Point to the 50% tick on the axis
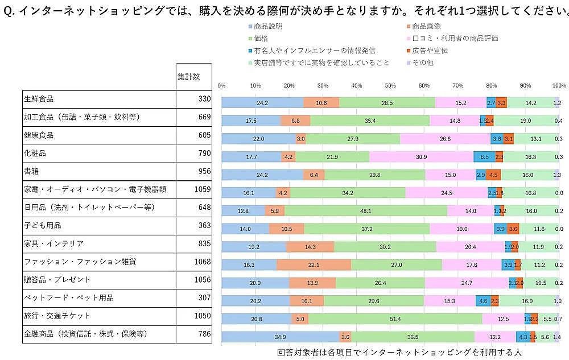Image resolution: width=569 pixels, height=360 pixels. (x=390, y=85)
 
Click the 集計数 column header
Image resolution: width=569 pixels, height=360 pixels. (x=188, y=76)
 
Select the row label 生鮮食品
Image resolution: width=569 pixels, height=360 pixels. (x=39, y=99)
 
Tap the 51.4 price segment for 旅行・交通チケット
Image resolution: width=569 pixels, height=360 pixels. (x=395, y=319)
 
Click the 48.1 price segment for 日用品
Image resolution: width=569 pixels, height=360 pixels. (x=366, y=211)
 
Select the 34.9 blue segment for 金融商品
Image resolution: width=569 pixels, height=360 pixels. (x=280, y=337)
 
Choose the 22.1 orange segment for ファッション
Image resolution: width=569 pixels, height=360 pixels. (x=314, y=265)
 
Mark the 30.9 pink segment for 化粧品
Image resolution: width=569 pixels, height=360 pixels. (x=421, y=157)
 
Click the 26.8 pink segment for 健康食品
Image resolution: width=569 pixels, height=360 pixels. (x=445, y=139)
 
